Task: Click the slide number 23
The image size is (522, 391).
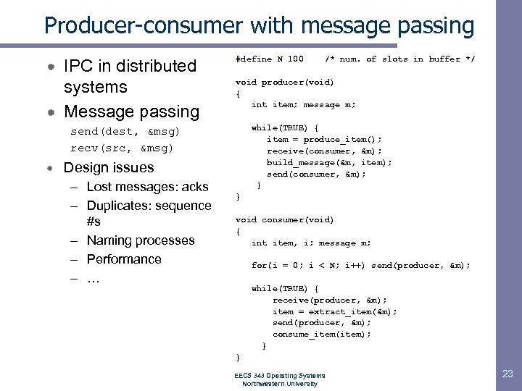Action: point(506,374)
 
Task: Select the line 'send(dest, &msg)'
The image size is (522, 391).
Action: point(125,132)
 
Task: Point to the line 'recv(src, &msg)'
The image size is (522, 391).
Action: point(122,148)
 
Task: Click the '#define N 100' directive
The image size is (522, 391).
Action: point(270,59)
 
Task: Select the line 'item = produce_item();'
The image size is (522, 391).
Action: point(324,139)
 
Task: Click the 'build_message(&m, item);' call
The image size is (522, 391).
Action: point(329,162)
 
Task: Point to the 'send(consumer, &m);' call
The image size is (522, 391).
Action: point(316,174)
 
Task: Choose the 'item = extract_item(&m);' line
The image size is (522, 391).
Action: point(334,311)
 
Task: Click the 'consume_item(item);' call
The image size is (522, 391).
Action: point(321,335)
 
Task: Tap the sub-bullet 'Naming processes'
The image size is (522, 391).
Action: point(141,240)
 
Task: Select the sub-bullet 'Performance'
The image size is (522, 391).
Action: point(124,259)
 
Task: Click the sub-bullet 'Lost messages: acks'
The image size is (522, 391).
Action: point(147,187)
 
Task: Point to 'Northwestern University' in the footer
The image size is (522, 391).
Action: point(279,384)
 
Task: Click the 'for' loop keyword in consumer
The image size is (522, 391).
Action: point(259,266)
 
